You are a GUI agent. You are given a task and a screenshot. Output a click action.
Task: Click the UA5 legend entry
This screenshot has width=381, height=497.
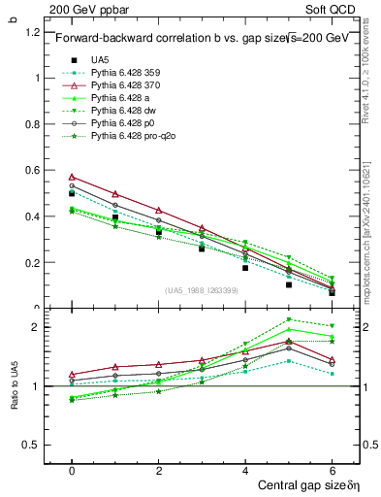point(100,60)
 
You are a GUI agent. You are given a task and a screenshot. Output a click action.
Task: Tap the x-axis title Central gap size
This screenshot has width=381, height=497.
point(302,483)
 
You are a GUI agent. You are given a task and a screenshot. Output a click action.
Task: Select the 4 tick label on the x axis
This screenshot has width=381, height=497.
point(245,469)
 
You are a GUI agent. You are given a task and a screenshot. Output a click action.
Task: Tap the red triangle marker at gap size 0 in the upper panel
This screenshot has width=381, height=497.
point(72,177)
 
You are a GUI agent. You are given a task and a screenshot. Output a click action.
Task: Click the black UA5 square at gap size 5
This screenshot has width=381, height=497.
point(289,284)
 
